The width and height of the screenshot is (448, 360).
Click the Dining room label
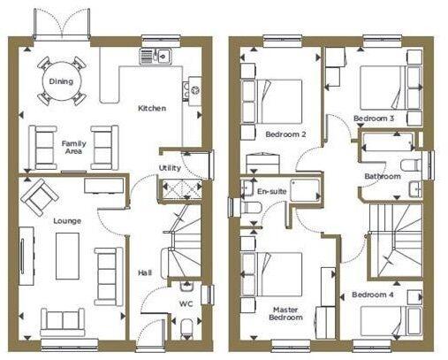61,81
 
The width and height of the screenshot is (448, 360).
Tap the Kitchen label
151,108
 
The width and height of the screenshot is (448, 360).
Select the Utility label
170,168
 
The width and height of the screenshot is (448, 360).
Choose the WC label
186,304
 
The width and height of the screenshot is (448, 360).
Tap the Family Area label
72,148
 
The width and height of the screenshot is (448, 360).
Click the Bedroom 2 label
285,134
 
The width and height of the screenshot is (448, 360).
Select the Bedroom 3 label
374,118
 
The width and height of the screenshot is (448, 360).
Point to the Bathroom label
383,176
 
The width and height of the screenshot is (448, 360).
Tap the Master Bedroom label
285,314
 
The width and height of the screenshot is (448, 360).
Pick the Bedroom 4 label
371,294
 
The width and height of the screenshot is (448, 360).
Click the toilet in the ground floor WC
186,329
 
